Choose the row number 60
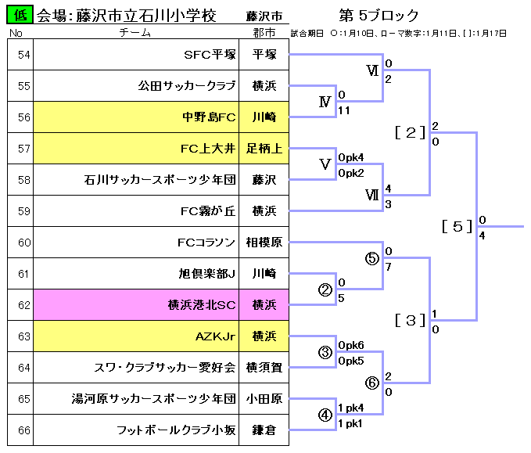point(23,243)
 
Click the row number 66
point(23,430)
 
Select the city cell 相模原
point(264,243)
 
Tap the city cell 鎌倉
point(264,430)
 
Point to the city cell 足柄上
point(264,149)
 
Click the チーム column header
point(135,33)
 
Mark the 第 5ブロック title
point(379,16)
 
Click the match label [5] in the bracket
point(457,227)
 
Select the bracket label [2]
point(410,132)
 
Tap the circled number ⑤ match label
point(372,258)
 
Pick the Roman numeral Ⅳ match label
point(325,102)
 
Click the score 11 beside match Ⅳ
point(344,110)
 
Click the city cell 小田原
point(264,399)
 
